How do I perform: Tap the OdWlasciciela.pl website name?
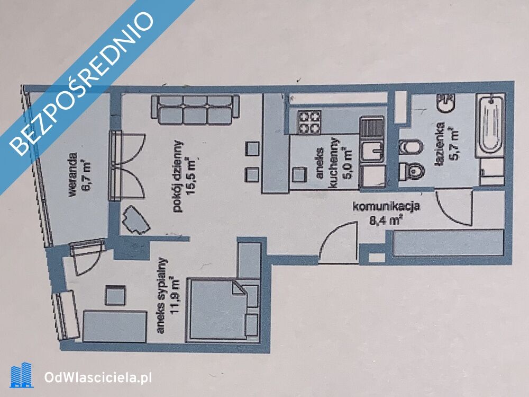tap(98, 377)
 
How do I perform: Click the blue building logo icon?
tap(22, 375)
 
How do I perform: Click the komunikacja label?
tap(386, 206)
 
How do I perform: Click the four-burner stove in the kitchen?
tap(308, 122)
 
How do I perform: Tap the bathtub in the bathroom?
tap(490, 125)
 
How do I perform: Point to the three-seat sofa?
tap(195, 110)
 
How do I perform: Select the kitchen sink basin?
tap(372, 152)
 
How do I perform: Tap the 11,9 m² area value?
tap(175, 296)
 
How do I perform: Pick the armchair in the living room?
tap(135, 219)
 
